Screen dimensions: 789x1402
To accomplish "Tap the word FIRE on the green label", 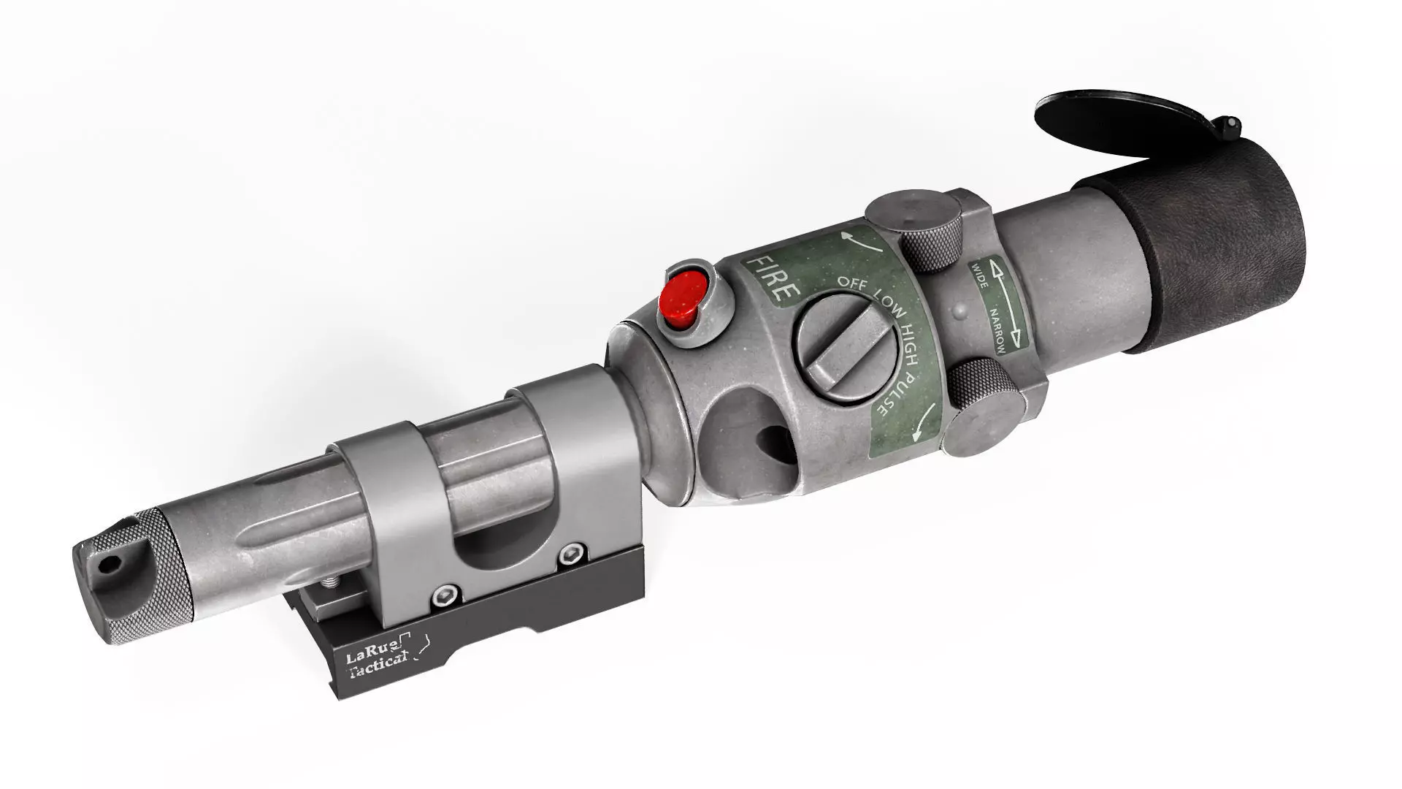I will [x=772, y=280].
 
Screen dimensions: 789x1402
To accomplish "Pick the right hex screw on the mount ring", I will [x=570, y=556].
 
